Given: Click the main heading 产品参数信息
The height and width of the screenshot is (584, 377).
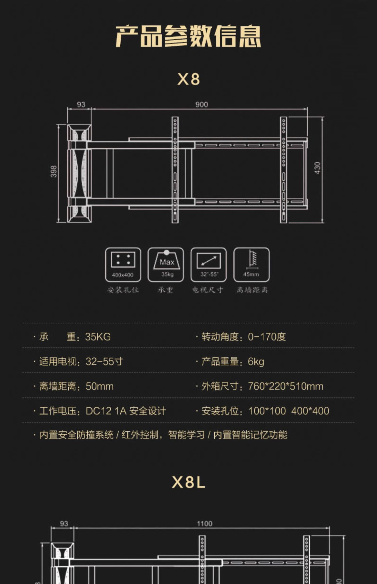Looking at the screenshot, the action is [x=188, y=36].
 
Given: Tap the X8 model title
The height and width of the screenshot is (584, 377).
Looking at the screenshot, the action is [x=189, y=79].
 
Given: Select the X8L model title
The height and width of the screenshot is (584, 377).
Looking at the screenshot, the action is [x=189, y=482].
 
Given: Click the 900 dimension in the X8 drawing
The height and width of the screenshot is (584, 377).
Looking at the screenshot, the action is [x=202, y=105].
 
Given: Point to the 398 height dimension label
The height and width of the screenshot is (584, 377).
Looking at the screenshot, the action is [x=54, y=171].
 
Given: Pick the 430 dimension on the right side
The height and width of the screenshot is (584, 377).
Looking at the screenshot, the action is [x=317, y=168].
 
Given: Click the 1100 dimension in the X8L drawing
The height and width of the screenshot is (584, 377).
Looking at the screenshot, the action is [x=205, y=524].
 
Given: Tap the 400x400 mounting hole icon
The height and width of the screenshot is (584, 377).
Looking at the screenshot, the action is [x=123, y=265].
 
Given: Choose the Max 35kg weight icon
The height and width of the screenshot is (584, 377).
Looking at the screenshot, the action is [x=166, y=265].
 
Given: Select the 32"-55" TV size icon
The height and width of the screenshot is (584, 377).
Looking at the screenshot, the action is [x=209, y=265].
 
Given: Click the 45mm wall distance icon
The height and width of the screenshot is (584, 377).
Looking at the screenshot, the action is [x=251, y=265].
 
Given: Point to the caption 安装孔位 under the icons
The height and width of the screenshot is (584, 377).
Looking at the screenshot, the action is [x=123, y=290].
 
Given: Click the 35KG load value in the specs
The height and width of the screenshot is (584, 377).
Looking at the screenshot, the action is [x=98, y=337].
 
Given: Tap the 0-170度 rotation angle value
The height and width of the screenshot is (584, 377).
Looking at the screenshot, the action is [x=267, y=337].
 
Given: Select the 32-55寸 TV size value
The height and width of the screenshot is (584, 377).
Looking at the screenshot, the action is [x=104, y=361].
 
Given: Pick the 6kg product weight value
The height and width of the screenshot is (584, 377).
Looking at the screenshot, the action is [x=256, y=361].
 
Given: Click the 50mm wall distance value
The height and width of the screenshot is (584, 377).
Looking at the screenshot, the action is [x=100, y=386].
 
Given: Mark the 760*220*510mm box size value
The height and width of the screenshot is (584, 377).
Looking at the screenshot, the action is [x=286, y=386].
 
